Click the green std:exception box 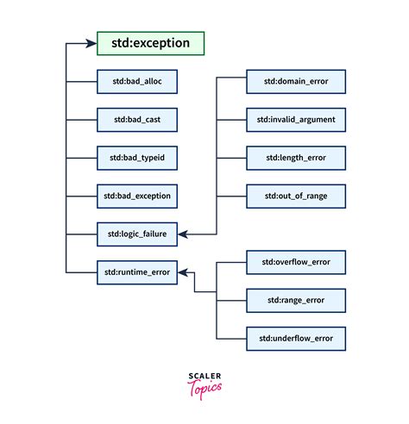(x=150, y=43)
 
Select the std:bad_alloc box (x=135, y=83)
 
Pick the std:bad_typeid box (x=135, y=158)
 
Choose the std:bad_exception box (x=135, y=196)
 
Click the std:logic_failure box (x=135, y=234)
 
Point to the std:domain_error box (x=296, y=83)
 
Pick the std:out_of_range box (x=296, y=196)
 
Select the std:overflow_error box (x=296, y=261)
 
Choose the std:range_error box (x=296, y=299)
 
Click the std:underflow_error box (x=296, y=337)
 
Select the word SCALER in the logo (x=204, y=376)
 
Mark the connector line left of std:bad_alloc (x=80, y=83)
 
